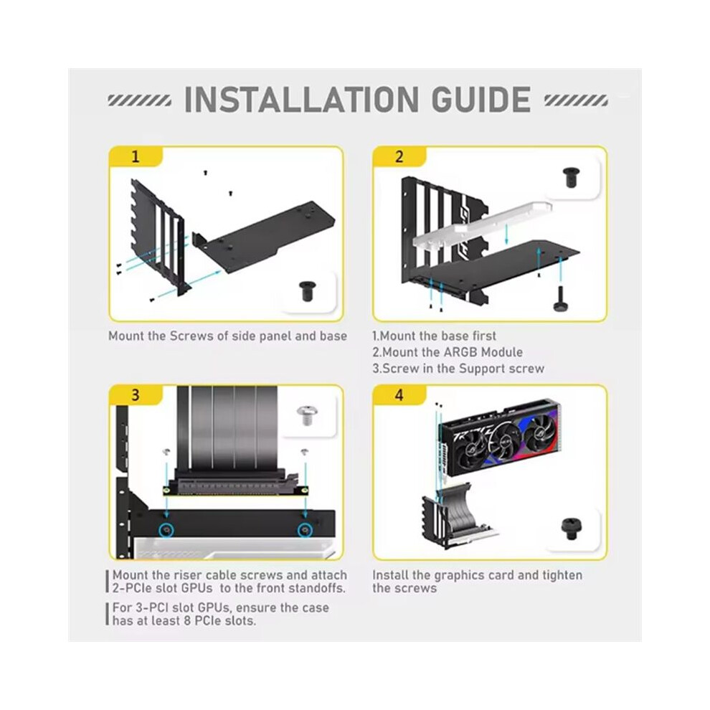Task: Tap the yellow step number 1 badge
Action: coord(136,156)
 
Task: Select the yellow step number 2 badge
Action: coord(399,156)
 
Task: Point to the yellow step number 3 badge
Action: coord(136,395)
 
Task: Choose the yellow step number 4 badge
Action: coord(399,395)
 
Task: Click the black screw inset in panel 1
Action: coord(308,290)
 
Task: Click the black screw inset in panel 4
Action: coord(572,529)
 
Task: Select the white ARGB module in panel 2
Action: coord(481,224)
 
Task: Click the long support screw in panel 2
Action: coord(559,298)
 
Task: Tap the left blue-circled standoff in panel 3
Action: coord(166,530)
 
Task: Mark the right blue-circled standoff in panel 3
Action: coord(305,530)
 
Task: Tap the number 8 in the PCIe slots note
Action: coord(187,620)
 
